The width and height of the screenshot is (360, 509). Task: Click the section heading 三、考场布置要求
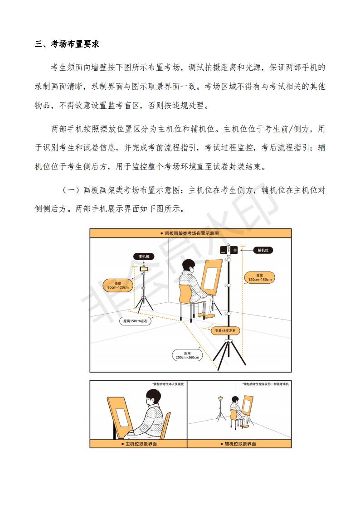67,44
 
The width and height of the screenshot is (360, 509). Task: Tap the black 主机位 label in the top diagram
144,257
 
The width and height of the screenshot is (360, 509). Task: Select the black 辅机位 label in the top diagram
263,250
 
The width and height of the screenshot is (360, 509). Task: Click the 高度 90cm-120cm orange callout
118,285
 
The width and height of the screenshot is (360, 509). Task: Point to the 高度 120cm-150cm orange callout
260,277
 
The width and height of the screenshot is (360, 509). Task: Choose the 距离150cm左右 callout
135,321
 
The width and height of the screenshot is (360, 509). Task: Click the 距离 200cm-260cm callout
187,355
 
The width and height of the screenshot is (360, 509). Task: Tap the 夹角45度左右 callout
225,331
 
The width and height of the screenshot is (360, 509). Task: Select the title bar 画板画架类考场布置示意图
190,233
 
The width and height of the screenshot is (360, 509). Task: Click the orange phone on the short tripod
144,269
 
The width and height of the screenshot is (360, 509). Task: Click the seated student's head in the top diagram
188,267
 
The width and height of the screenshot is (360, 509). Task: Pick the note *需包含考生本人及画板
168,384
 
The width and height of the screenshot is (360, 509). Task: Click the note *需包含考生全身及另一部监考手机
266,384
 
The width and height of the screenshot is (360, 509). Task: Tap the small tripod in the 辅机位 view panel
221,409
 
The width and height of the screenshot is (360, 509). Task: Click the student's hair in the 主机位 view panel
153,396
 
